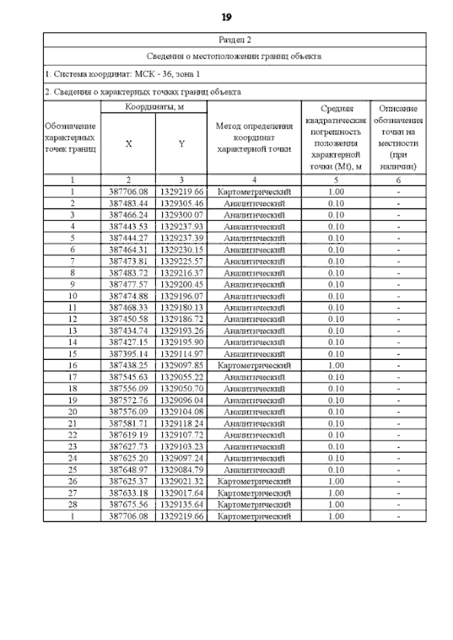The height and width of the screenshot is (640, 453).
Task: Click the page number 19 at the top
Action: point(226,16)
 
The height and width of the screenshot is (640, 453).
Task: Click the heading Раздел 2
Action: point(234,40)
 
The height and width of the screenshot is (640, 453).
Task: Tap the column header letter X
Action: point(128,144)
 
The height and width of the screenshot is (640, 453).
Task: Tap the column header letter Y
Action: point(181,144)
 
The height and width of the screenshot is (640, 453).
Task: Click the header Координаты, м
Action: point(154,107)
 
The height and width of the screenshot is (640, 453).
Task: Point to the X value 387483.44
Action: point(128,203)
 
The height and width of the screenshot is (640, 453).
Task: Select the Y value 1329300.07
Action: point(181,214)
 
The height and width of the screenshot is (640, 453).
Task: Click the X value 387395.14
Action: point(128,354)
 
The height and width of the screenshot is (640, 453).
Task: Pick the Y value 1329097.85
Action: point(181,365)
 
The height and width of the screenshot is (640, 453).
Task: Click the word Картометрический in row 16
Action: point(255,365)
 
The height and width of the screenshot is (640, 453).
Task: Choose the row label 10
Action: point(72,296)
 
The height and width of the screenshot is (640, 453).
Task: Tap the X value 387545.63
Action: point(128,377)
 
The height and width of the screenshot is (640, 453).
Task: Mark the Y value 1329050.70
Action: point(181,388)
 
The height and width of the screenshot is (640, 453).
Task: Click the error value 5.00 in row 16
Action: point(336,365)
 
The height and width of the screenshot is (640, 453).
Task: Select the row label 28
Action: point(72,505)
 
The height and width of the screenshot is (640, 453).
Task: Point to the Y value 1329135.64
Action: point(181,505)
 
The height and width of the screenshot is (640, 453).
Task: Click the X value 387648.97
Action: point(128,470)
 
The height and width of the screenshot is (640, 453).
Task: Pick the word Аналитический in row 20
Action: point(255,412)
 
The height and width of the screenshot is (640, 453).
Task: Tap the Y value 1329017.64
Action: point(181,493)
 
